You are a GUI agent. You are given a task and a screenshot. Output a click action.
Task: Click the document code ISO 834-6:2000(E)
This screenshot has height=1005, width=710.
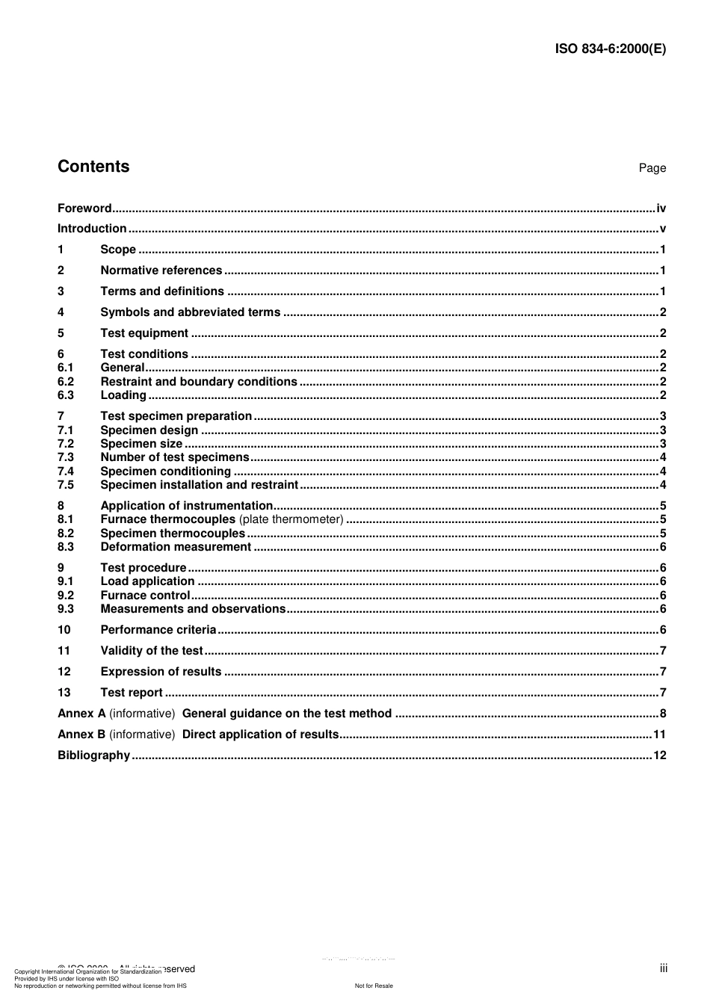[610, 49]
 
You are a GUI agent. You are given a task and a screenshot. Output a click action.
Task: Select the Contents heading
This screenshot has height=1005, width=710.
[93, 167]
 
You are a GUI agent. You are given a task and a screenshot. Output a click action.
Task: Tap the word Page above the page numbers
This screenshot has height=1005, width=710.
[652, 168]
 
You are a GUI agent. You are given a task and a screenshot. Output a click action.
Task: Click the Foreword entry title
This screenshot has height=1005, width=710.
[84, 208]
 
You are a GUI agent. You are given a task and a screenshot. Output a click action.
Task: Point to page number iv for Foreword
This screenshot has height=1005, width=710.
[661, 208]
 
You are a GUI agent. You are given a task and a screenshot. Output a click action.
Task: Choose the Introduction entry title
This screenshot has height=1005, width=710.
[92, 229]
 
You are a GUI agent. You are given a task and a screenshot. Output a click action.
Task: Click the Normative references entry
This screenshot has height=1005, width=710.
[161, 270]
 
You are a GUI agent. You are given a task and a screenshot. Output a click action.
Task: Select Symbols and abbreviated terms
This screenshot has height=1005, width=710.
[190, 312]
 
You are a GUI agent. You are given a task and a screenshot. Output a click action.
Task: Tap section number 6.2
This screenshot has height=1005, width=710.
[66, 382]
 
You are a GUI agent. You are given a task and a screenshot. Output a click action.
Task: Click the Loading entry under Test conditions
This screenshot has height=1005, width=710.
[123, 395]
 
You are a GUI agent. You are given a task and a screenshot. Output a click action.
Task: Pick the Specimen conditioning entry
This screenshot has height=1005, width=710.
[165, 471]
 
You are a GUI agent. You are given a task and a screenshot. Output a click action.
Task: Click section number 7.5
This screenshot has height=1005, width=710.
[66, 485]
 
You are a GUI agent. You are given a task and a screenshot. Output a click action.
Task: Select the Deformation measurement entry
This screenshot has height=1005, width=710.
[176, 547]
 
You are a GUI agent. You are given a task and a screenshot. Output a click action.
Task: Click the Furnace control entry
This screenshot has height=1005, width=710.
[145, 596]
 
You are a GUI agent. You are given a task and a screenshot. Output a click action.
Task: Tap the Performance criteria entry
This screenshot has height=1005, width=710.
[158, 630]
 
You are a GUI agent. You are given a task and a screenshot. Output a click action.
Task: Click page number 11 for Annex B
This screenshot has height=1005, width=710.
[659, 735]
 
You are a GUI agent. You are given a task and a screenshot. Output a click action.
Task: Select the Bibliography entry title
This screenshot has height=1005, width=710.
[93, 755]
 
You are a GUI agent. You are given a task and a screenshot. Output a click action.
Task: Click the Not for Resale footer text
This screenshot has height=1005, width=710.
[374, 986]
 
